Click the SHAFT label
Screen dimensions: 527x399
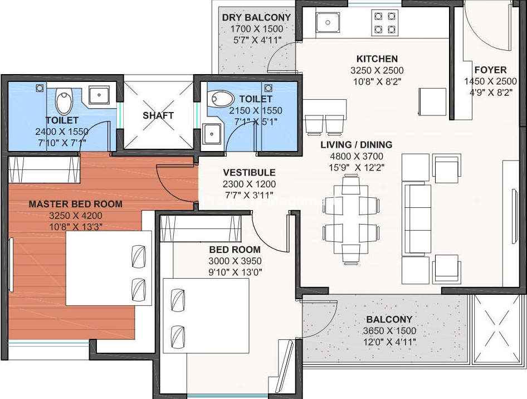click(158, 116)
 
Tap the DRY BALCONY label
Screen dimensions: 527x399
click(256, 17)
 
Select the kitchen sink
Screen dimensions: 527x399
click(328, 22)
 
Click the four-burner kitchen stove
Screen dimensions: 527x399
click(385, 23)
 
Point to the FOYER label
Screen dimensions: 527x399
click(490, 70)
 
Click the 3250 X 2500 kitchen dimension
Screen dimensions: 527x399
click(377, 71)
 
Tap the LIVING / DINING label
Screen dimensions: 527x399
click(357, 145)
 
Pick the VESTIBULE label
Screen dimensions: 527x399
click(249, 173)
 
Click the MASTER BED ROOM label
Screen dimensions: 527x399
click(75, 204)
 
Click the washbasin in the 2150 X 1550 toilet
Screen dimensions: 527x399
click(212, 134)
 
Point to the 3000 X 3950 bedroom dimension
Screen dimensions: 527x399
click(235, 261)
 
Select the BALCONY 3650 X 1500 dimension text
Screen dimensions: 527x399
click(389, 331)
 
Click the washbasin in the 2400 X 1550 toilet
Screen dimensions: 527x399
click(99, 95)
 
